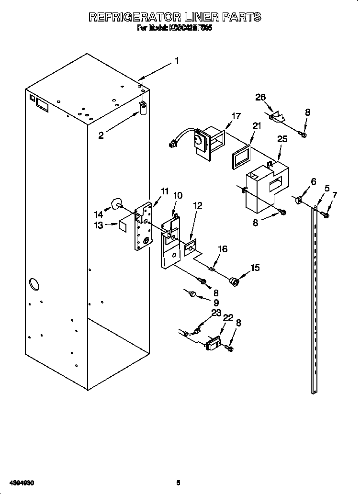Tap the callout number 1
point(177,61)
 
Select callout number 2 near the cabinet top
point(101,135)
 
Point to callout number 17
point(236,116)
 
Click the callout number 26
point(260,97)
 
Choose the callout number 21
point(257,126)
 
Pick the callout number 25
point(282,139)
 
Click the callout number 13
point(99,225)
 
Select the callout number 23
point(216,313)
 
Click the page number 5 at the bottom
point(178,483)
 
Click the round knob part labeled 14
point(116,204)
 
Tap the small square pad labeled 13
point(123,225)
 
